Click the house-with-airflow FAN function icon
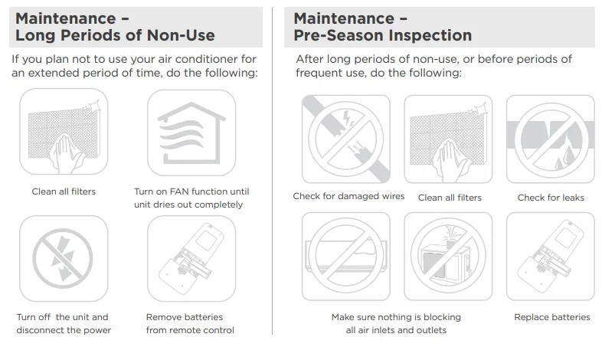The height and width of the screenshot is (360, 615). (x=191, y=133)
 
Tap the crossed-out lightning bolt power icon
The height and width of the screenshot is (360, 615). (x=64, y=258)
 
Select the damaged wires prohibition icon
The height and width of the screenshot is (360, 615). (x=346, y=139)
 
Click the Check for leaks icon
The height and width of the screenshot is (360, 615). (x=551, y=139)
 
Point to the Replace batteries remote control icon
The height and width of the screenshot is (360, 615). (x=551, y=257)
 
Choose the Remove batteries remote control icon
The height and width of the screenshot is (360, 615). (x=191, y=258)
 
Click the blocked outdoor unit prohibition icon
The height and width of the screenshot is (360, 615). (x=448, y=257)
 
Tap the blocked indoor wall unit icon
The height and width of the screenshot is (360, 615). (x=346, y=257)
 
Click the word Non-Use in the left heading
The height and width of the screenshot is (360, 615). (x=181, y=35)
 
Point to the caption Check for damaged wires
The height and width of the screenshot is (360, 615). (x=348, y=196)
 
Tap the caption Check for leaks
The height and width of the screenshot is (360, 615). (x=551, y=198)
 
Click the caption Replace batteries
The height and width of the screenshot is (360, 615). (x=552, y=317)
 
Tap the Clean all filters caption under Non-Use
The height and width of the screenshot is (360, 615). (x=64, y=191)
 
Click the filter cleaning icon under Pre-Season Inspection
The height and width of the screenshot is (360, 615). (x=448, y=139)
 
